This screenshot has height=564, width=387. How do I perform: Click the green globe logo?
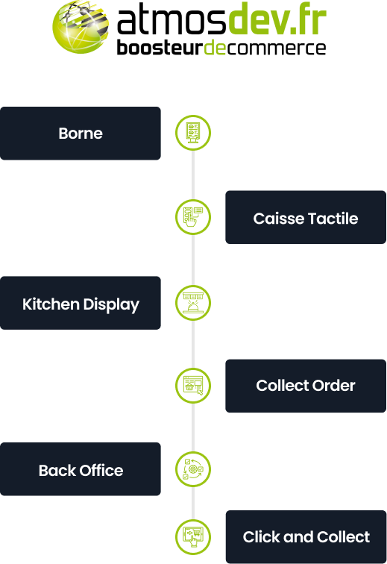pos(81,27)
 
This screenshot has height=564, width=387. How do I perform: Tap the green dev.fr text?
pos(277,19)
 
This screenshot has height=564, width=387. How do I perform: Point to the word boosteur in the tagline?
pos(160,48)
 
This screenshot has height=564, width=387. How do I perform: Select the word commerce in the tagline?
pos(276,48)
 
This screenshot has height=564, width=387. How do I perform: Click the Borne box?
pos(81,133)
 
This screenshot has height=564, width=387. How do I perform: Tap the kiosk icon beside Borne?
pos(193,133)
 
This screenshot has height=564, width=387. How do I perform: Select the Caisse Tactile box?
pos(306,217)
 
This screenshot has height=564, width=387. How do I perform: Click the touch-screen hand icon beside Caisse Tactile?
pos(193,217)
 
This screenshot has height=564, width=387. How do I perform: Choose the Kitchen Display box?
pos(81,303)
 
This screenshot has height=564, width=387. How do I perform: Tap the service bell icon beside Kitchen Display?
pos(193,303)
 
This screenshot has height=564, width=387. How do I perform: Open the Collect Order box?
pos(306,386)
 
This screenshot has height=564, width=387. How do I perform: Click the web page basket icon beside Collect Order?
pos(193,385)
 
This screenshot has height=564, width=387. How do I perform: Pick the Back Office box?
pos(81,469)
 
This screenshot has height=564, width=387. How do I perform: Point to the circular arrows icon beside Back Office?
pos(193,469)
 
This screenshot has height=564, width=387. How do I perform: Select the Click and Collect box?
pos(306,536)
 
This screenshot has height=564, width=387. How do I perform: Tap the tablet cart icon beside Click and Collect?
pos(193,537)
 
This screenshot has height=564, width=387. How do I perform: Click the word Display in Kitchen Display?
pos(111,305)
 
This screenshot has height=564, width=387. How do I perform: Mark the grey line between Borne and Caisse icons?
pos(193,175)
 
